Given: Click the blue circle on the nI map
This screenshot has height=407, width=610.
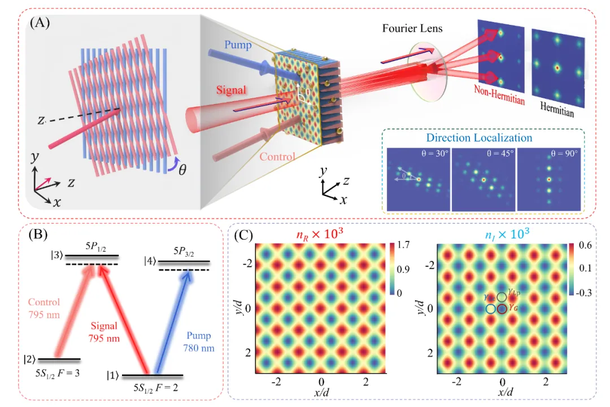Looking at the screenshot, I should click(491, 309).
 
